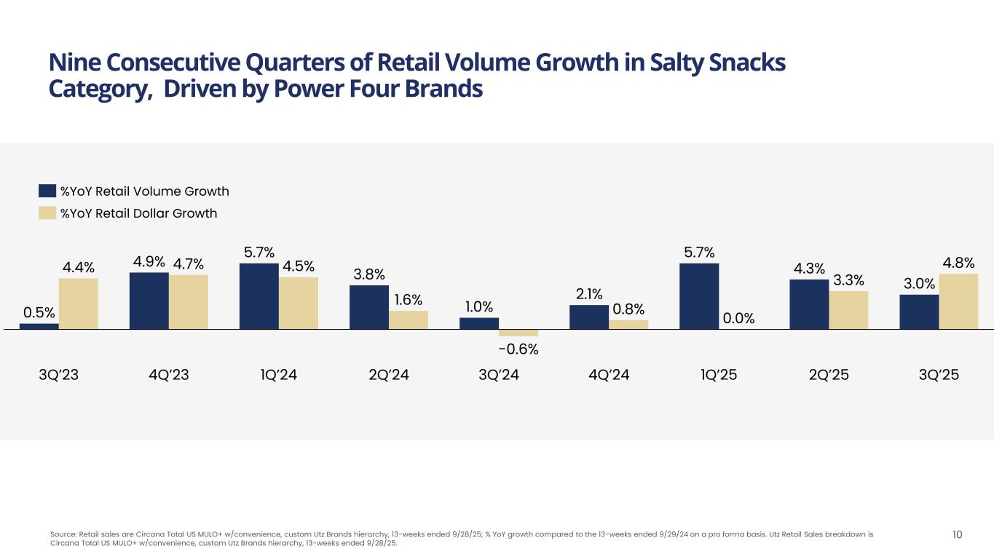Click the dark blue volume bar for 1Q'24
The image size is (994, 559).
pos(259,296)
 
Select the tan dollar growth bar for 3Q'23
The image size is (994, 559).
pos(79,304)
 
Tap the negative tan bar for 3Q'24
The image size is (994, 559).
pos(518,333)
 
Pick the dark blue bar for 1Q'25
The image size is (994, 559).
pos(699,296)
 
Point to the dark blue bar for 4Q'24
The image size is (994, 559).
pos(589,317)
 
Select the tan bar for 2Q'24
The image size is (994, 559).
pos(409,320)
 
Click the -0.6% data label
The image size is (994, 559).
pos(518,349)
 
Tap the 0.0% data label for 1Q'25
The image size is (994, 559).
pos(738,317)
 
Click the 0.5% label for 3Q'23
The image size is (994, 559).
pos(39,312)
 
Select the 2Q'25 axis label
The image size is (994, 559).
pos(829,376)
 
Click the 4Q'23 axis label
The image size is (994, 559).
pos(168,376)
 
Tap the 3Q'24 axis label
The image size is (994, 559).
pos(499,376)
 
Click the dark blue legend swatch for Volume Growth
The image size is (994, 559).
pos(47,191)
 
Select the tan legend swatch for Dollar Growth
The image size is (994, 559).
pos(47,213)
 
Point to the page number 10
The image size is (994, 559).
pos(958,535)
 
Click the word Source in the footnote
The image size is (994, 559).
pos(62,534)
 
